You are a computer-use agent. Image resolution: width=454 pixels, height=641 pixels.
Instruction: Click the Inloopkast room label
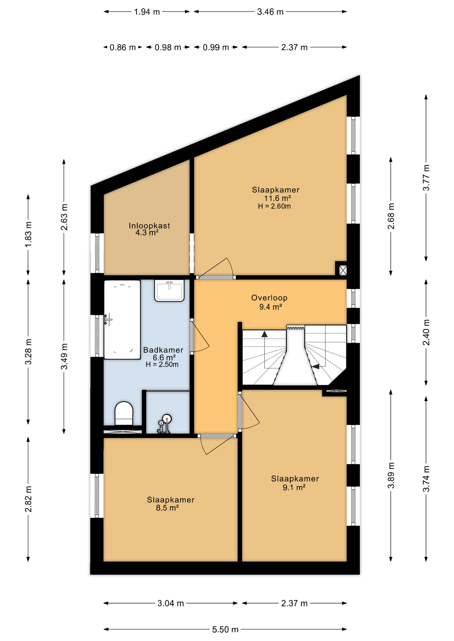tap(149, 226)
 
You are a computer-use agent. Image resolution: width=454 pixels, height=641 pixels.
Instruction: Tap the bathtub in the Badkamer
tap(122, 319)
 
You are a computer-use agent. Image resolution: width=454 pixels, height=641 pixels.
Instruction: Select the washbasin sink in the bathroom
tap(169, 290)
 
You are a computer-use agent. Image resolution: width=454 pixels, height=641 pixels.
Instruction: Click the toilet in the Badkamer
tap(124, 413)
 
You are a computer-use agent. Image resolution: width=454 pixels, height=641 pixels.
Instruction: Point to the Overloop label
tap(269, 298)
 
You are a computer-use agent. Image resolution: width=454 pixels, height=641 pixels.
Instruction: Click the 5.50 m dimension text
tap(225, 629)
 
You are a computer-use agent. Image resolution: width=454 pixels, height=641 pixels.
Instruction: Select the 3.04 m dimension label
tap(171, 603)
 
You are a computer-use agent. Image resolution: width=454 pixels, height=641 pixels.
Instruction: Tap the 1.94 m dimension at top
tap(147, 12)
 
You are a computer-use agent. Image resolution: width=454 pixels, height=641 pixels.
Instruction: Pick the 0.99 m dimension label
tap(216, 47)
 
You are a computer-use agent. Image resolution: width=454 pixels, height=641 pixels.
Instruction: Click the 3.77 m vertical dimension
tap(426, 178)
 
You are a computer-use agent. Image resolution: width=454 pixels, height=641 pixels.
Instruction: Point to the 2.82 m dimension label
tap(28, 499)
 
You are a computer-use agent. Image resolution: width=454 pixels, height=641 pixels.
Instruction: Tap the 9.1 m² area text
tap(294, 487)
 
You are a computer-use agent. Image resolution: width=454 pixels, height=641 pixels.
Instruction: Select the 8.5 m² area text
tap(167, 508)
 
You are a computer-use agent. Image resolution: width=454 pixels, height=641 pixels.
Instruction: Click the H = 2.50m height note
tap(162, 365)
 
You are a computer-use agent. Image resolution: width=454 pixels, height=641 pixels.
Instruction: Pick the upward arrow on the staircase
tap(264, 334)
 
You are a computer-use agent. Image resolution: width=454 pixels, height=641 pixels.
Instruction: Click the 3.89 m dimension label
tap(391, 475)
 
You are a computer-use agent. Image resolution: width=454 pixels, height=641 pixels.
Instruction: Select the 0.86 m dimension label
tap(123, 47)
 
